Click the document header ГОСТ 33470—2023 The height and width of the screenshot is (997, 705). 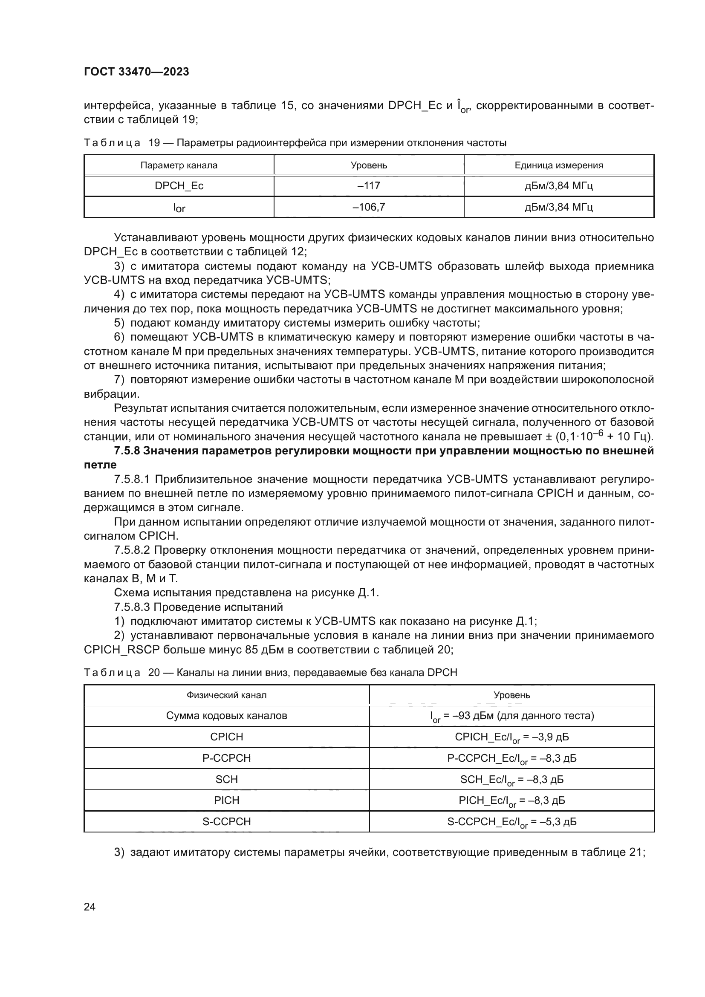(x=136, y=72)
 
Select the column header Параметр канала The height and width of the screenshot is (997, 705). (x=179, y=165)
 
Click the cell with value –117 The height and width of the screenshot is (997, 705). (x=369, y=186)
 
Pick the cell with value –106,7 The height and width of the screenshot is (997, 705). (x=369, y=207)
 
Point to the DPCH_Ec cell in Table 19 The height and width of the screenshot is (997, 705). (x=179, y=186)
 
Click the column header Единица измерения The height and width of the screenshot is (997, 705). (x=559, y=165)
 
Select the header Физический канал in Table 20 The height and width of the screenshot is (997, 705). (x=227, y=695)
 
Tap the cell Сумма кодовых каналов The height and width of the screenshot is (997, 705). (x=227, y=716)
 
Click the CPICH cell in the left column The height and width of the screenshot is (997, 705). (x=227, y=737)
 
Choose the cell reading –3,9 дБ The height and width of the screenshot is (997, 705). (x=512, y=737)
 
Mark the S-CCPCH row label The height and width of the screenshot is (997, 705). (x=227, y=821)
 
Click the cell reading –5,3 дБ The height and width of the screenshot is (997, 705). (x=512, y=822)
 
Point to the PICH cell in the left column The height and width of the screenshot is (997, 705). (x=227, y=800)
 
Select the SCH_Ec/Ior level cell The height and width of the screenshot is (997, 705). (x=512, y=780)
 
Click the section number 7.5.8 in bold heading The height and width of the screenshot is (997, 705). (x=127, y=451)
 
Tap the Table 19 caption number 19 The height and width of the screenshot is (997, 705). (x=154, y=143)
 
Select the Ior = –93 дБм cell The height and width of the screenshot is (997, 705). (x=512, y=716)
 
